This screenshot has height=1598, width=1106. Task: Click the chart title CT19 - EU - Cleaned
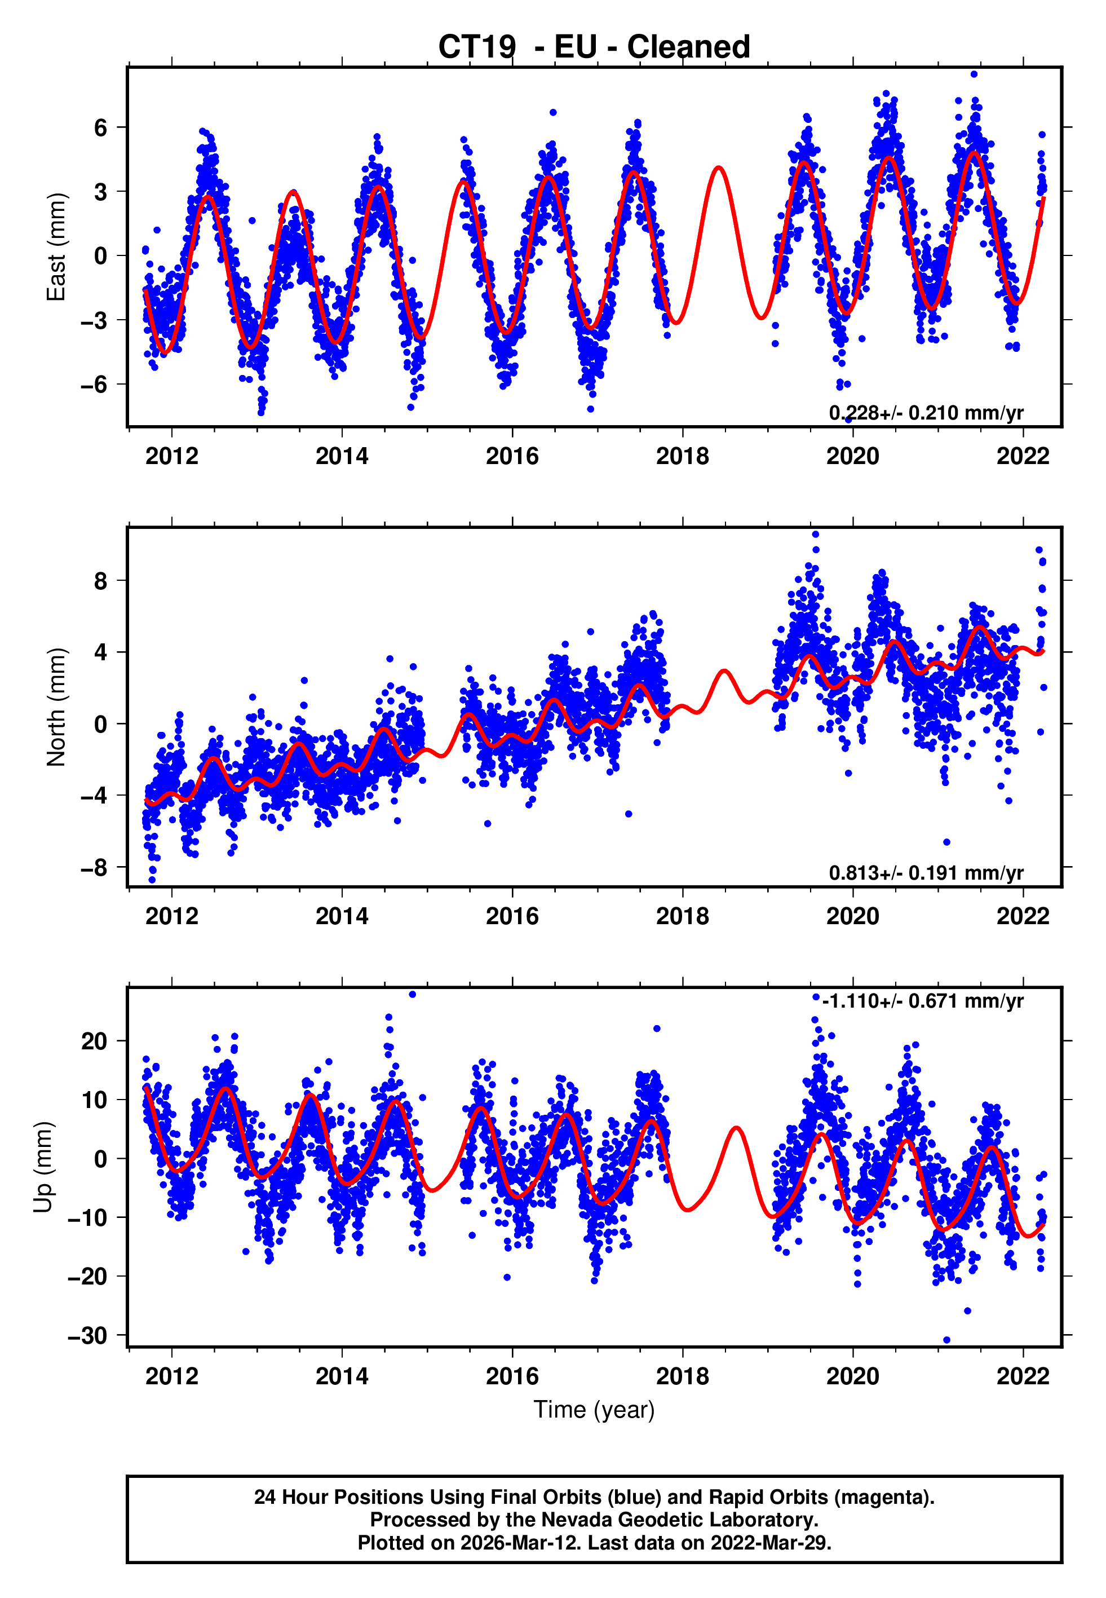pyautogui.click(x=594, y=47)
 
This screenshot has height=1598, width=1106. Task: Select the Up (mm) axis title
pyautogui.click(x=43, y=1167)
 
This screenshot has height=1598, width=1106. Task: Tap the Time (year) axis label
pyautogui.click(x=594, y=1409)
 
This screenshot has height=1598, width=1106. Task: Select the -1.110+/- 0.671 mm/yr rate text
pyautogui.click(x=922, y=1001)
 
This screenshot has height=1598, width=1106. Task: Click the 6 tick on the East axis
pyautogui.click(x=101, y=127)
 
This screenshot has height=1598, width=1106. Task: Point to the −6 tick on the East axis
pyautogui.click(x=94, y=385)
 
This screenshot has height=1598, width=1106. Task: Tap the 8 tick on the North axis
pyautogui.click(x=101, y=581)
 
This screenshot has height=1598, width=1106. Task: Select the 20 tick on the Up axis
pyautogui.click(x=94, y=1041)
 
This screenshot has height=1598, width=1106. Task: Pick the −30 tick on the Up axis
pyautogui.click(x=87, y=1335)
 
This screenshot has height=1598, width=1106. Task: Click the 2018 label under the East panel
pyautogui.click(x=683, y=456)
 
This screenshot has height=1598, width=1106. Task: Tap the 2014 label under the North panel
pyautogui.click(x=342, y=916)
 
